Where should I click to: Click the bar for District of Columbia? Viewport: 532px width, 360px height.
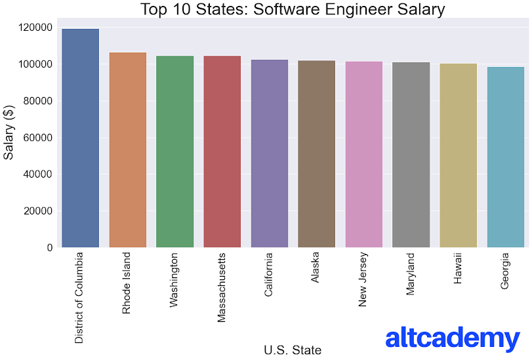[x=80, y=138]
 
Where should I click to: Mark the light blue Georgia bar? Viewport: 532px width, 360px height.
[x=505, y=157]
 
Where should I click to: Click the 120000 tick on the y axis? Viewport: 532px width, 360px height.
[x=36, y=28]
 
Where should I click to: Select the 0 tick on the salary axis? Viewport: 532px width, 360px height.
[x=50, y=248]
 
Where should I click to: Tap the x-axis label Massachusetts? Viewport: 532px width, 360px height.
[x=222, y=288]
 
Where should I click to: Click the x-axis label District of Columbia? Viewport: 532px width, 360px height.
[x=79, y=297]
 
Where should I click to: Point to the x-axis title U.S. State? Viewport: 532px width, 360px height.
[x=293, y=350]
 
